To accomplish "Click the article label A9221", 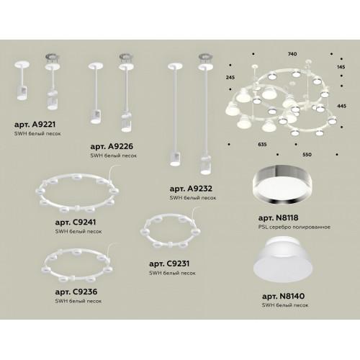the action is pyautogui.click(x=35, y=125).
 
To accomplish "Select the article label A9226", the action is pyautogui.click(x=112, y=146).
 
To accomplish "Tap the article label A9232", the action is pyautogui.click(x=191, y=189).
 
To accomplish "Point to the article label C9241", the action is pyautogui.click(x=76, y=222).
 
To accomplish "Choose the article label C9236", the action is pyautogui.click(x=76, y=292).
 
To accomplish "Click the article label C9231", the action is pyautogui.click(x=169, y=264).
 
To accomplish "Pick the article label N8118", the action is pyautogui.click(x=279, y=218).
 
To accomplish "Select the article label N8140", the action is pyautogui.click(x=284, y=296).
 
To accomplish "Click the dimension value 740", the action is pyautogui.click(x=292, y=54).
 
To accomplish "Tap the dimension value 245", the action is pyautogui.click(x=230, y=77).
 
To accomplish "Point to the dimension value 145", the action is pyautogui.click(x=341, y=67).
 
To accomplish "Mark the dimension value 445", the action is pyautogui.click(x=341, y=106).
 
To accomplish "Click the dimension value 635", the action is pyautogui.click(x=262, y=145).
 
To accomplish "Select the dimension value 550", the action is pyautogui.click(x=307, y=155).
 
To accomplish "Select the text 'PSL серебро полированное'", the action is pyautogui.click(x=294, y=227).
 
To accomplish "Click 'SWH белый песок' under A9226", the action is pyautogui.click(x=114, y=156).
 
